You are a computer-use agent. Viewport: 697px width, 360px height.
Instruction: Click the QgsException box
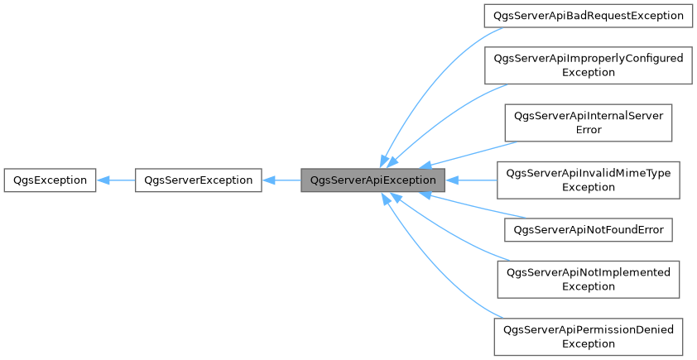point(50,180)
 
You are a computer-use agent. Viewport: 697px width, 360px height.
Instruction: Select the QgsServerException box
point(199,180)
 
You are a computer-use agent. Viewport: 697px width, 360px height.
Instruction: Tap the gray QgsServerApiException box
point(373,180)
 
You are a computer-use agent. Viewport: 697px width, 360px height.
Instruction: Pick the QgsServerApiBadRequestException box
point(588,15)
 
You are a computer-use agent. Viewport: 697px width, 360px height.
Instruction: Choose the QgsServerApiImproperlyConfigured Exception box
point(588,65)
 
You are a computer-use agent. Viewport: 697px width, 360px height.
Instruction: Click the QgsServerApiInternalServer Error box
point(588,122)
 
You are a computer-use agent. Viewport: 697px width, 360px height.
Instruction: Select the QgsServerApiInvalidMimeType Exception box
point(588,180)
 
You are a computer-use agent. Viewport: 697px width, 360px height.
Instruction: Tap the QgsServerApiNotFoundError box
point(588,229)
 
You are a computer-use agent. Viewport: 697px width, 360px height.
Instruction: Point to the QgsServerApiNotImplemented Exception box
point(588,279)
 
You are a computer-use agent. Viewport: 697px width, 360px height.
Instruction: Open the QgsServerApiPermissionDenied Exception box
point(588,336)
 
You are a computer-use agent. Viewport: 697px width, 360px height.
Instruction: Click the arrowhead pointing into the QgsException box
point(103,180)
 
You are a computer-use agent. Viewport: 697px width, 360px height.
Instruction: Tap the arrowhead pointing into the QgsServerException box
point(268,180)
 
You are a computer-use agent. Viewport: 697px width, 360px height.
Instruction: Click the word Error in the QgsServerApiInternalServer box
point(588,130)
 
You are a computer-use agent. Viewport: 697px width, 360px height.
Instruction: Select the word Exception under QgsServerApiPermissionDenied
point(588,343)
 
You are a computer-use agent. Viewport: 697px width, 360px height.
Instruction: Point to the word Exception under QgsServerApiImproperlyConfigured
point(588,73)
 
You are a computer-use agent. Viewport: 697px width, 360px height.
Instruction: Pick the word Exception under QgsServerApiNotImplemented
point(588,286)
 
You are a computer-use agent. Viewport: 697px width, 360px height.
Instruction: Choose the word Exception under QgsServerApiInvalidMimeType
point(588,187)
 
